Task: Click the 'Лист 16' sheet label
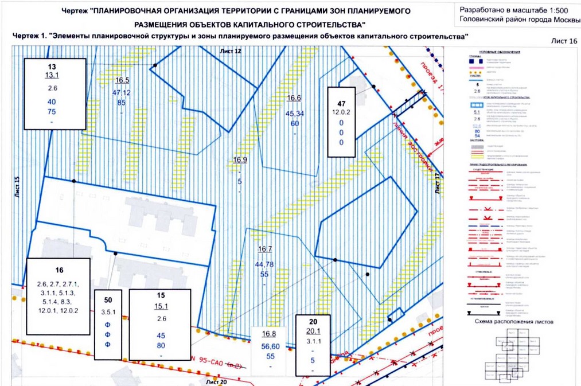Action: click(x=564, y=41)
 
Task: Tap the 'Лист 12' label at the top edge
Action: click(x=231, y=51)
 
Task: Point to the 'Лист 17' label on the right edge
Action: click(x=438, y=183)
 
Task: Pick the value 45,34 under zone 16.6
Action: click(x=294, y=113)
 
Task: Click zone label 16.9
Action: click(x=240, y=159)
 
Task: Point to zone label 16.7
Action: click(x=264, y=249)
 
